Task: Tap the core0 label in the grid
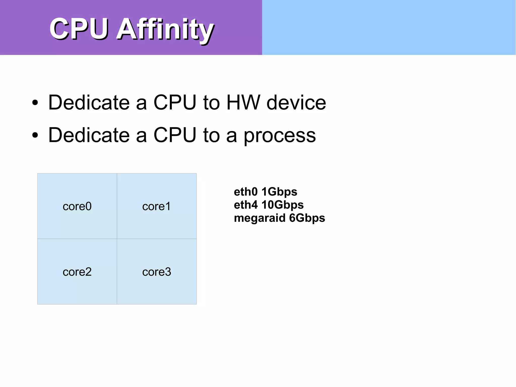[77, 206]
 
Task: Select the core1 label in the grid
[156, 206]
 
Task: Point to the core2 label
[77, 272]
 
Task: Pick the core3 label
[156, 272]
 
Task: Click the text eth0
[246, 192]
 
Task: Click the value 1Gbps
[279, 192]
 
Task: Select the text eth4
[246, 205]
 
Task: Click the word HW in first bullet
[243, 103]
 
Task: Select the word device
[296, 103]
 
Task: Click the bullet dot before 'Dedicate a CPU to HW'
[35, 103]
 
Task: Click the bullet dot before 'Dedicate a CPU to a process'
[35, 135]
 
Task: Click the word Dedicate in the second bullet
[89, 135]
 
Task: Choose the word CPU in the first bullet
[175, 103]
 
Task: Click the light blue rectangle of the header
[389, 27]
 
